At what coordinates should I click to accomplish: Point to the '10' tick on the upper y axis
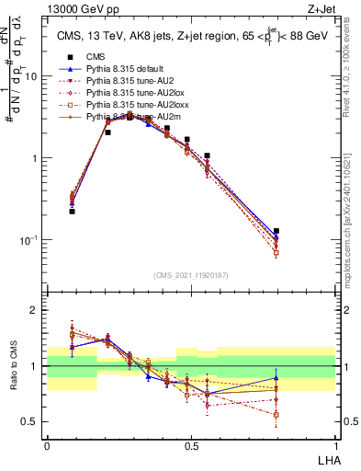[x=31, y=77]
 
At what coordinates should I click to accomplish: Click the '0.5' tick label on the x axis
[x=191, y=444]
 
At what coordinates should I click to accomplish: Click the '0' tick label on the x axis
[x=47, y=444]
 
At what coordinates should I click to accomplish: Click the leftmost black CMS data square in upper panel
[x=72, y=211]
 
